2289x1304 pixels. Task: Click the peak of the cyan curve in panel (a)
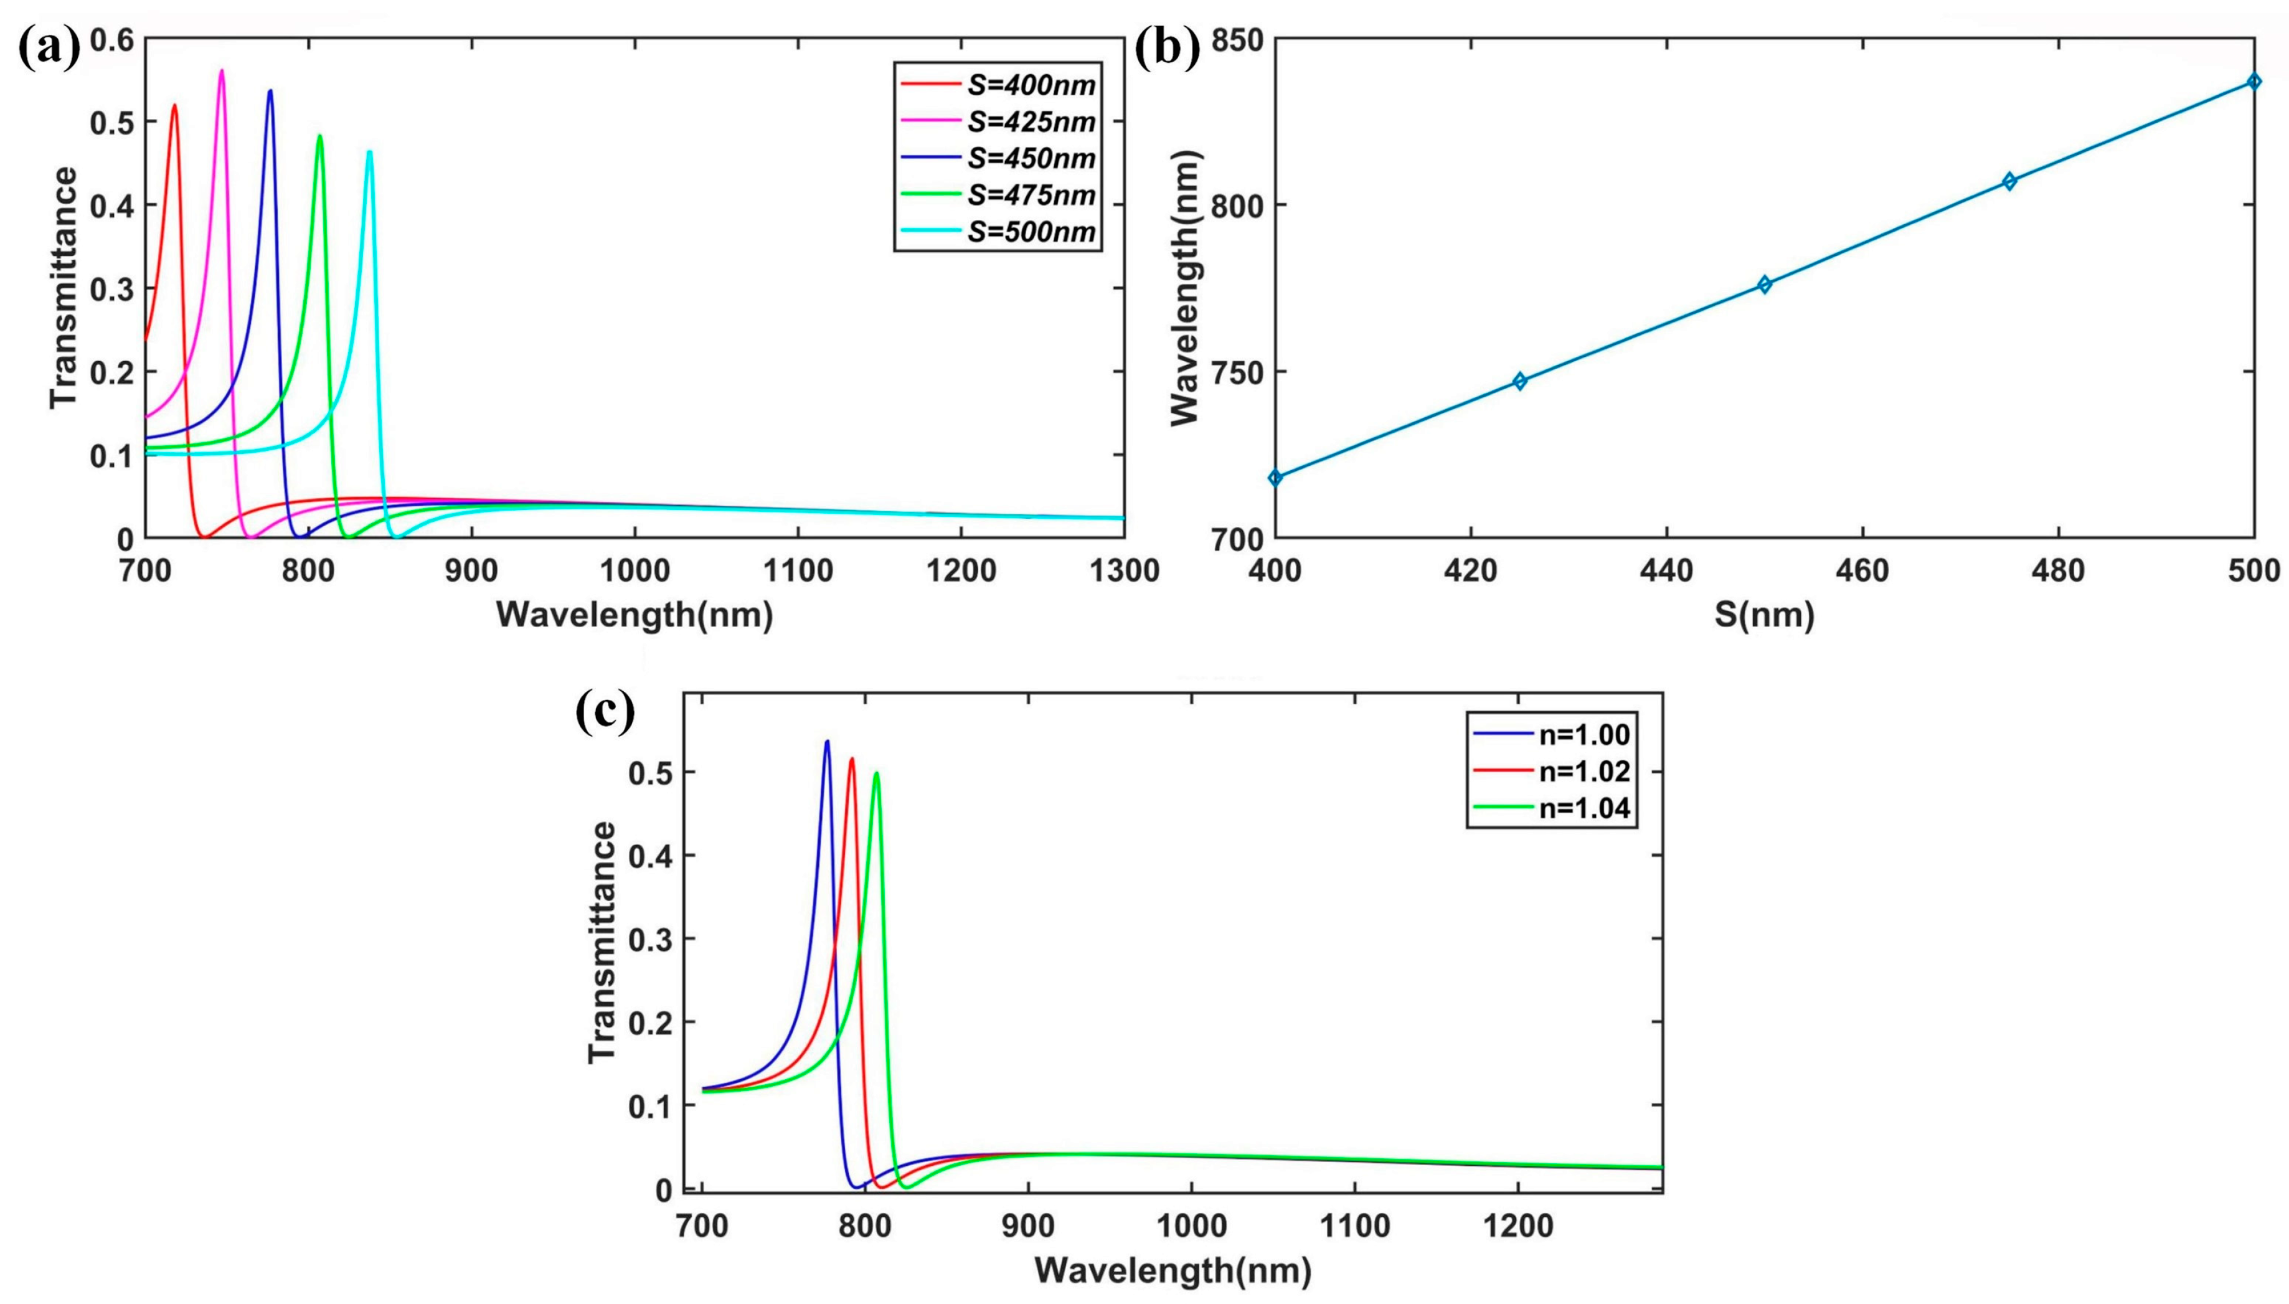(369, 152)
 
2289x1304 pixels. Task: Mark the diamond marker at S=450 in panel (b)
(1764, 285)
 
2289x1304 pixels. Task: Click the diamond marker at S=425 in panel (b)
(1520, 380)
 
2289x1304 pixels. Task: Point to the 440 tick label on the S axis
(1666, 570)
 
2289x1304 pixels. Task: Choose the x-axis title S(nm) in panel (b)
(1764, 615)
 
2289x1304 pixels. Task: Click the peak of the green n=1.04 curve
(876, 773)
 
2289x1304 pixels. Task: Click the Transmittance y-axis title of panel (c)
(603, 942)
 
